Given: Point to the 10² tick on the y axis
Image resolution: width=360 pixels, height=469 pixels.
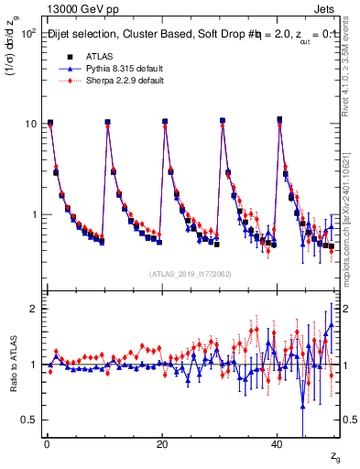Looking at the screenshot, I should coord(27,33).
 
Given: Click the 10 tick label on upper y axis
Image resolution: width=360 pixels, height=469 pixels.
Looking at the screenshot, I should coord(29,124).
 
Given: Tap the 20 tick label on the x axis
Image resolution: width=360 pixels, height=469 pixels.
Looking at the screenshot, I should coord(161,443).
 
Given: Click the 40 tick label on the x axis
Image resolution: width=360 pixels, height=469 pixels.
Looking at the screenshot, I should coord(277,443).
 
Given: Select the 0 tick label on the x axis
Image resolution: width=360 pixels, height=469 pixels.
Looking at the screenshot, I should coord(46,443).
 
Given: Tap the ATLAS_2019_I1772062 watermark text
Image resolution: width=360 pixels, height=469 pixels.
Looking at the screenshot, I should coord(191,274).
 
